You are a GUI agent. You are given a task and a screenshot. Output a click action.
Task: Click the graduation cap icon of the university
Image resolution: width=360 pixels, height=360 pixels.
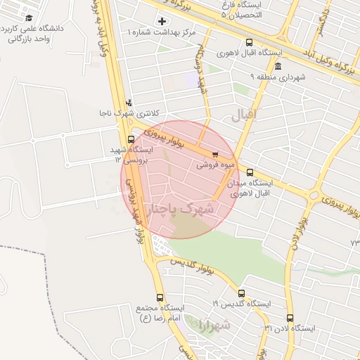point(28,18)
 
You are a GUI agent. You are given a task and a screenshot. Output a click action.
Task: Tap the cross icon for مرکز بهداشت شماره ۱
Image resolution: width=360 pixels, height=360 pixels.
point(163,22)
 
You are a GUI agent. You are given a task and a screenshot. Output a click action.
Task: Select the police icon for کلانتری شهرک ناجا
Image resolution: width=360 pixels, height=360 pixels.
point(128,102)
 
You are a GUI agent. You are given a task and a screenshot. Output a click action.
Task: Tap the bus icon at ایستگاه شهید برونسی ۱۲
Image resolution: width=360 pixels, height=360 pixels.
point(131,139)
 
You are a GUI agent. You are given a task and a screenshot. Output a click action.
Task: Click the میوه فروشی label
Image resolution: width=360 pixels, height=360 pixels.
point(213,165)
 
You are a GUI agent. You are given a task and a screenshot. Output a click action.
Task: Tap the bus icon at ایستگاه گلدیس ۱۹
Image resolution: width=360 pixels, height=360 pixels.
point(242,293)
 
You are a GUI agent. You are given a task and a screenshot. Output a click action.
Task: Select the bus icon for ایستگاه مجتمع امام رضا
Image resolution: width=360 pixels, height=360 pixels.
point(160,297)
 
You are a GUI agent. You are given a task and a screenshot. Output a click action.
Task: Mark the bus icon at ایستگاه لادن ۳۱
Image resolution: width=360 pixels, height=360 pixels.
point(290,318)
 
